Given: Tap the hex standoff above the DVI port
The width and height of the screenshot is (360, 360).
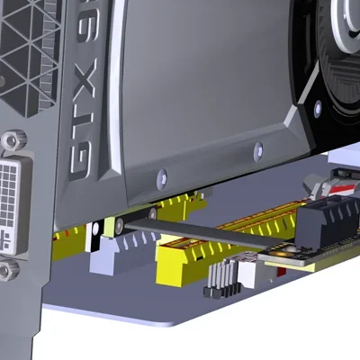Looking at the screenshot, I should [13, 141].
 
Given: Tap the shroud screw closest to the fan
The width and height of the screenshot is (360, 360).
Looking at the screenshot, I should [258, 148].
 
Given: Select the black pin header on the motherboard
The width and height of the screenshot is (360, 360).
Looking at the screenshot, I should [219, 280].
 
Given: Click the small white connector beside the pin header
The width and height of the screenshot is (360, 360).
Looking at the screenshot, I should [245, 271].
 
